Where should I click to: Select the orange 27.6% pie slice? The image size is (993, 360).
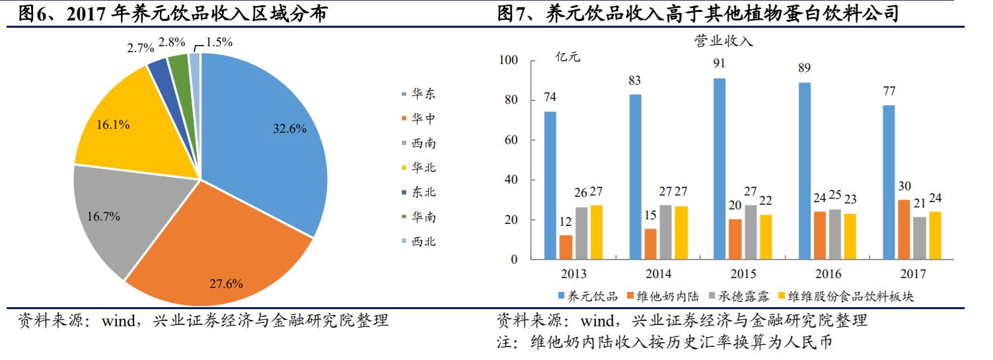(x=225, y=251)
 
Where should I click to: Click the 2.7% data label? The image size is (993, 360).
(x=141, y=48)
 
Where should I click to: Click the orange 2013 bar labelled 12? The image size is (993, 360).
(x=566, y=247)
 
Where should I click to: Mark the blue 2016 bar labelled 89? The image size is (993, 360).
(x=804, y=170)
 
